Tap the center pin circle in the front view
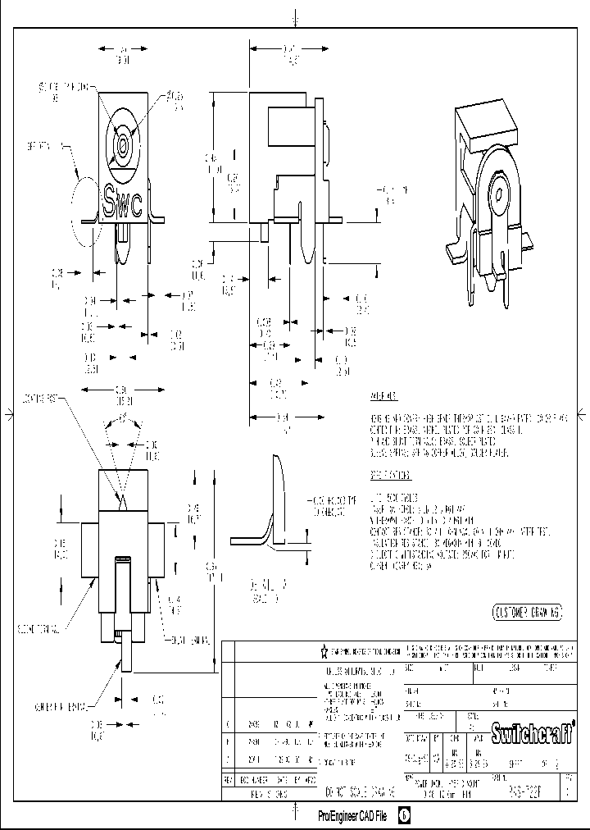[x=121, y=147]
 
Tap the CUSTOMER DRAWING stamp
[x=527, y=612]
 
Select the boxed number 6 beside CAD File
[x=403, y=816]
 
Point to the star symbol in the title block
[x=324, y=651]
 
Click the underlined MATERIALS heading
[x=383, y=396]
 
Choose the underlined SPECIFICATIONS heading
[x=389, y=475]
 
